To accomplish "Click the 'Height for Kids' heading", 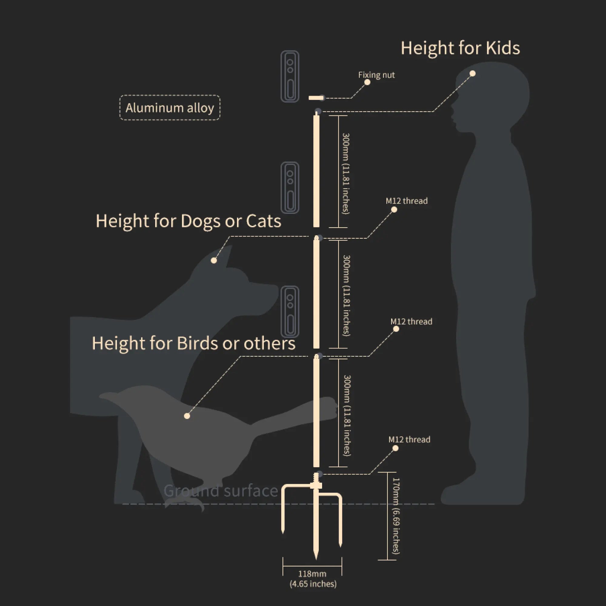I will [x=460, y=48].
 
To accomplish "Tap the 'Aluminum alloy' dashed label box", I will [x=170, y=108].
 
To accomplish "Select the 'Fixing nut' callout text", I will [x=376, y=75].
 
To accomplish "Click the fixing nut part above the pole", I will [x=316, y=98].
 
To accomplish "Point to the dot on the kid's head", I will [x=472, y=73].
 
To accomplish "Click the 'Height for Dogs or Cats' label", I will [x=188, y=221].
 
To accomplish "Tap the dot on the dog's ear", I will [x=214, y=260].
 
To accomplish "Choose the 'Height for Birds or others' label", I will [x=194, y=343].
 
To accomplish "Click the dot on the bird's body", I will [x=187, y=416].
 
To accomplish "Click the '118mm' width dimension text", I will [x=312, y=574].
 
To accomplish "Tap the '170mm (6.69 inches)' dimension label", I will [x=396, y=516].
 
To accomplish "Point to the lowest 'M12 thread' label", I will [x=409, y=439].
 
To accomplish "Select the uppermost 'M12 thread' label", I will [x=407, y=201].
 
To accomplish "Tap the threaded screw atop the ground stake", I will [x=316, y=479].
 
